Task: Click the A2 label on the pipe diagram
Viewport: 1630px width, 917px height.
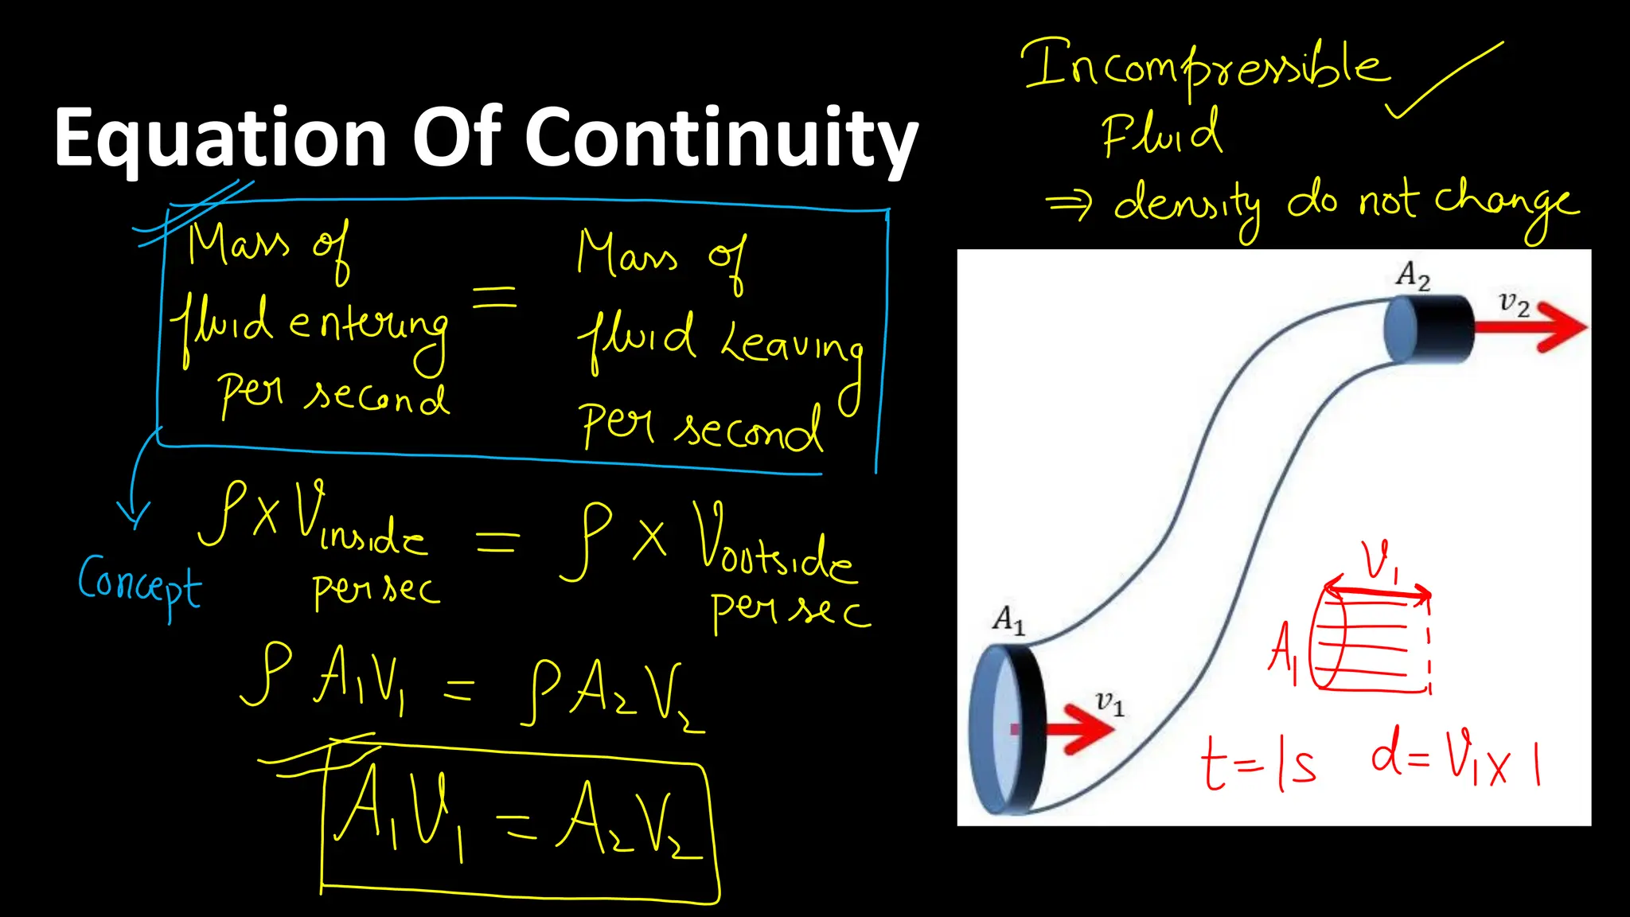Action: (x=1413, y=275)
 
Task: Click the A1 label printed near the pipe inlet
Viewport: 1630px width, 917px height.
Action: (x=1008, y=618)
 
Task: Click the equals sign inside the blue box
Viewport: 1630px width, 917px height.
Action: (x=495, y=299)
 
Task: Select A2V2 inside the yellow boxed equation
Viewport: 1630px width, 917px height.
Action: (x=629, y=824)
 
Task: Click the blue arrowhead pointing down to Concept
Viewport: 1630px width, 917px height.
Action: (x=134, y=513)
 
